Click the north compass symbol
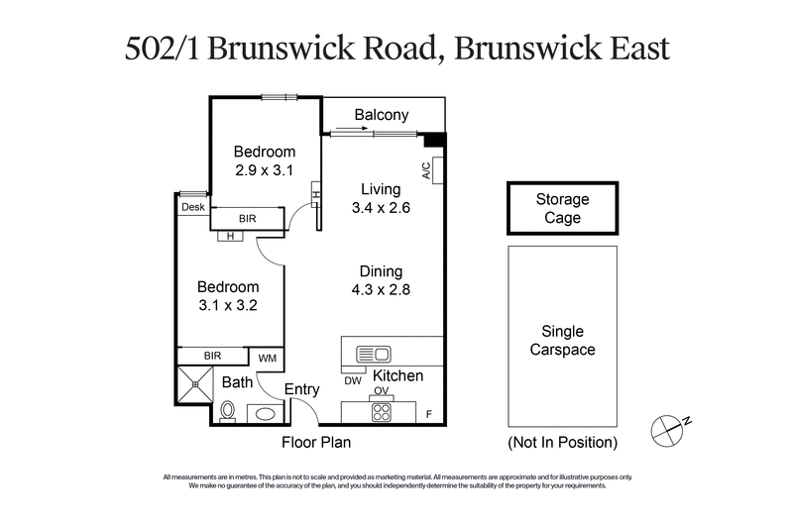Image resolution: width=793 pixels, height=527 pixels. click(668, 428)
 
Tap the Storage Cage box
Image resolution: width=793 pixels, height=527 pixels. click(562, 208)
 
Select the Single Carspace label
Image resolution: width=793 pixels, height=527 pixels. click(562, 341)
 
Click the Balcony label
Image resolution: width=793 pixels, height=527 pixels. click(382, 116)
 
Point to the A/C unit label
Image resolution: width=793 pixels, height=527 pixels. click(427, 170)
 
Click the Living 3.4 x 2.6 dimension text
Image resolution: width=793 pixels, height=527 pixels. click(381, 199)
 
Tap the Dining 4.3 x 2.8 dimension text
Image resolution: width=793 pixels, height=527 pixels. click(381, 280)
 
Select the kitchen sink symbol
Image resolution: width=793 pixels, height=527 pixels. click(375, 353)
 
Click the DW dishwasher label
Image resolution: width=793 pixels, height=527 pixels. click(352, 380)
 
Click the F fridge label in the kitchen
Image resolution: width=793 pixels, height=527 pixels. click(429, 412)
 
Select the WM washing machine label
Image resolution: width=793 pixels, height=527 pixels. click(268, 358)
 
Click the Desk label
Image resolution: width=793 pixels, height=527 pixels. click(192, 207)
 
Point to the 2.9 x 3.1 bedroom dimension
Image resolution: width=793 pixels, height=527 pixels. click(265, 170)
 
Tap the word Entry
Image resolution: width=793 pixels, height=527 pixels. click(301, 389)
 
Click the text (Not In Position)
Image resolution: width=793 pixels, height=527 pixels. click(562, 442)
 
